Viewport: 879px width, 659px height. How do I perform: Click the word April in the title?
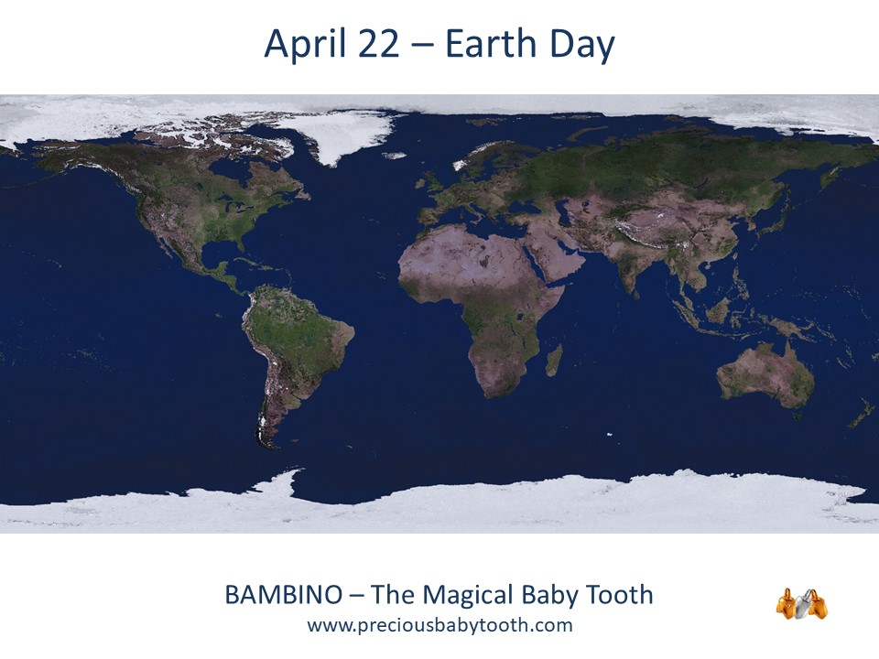[x=304, y=45]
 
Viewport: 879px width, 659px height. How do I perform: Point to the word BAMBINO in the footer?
[x=283, y=595]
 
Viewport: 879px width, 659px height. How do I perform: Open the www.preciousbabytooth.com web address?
[x=440, y=625]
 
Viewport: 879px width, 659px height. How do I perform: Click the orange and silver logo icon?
[x=802, y=603]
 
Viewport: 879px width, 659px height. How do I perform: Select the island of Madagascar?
[x=555, y=360]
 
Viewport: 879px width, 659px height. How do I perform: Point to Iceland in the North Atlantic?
[x=395, y=156]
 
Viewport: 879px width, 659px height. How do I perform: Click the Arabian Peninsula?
[x=560, y=254]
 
